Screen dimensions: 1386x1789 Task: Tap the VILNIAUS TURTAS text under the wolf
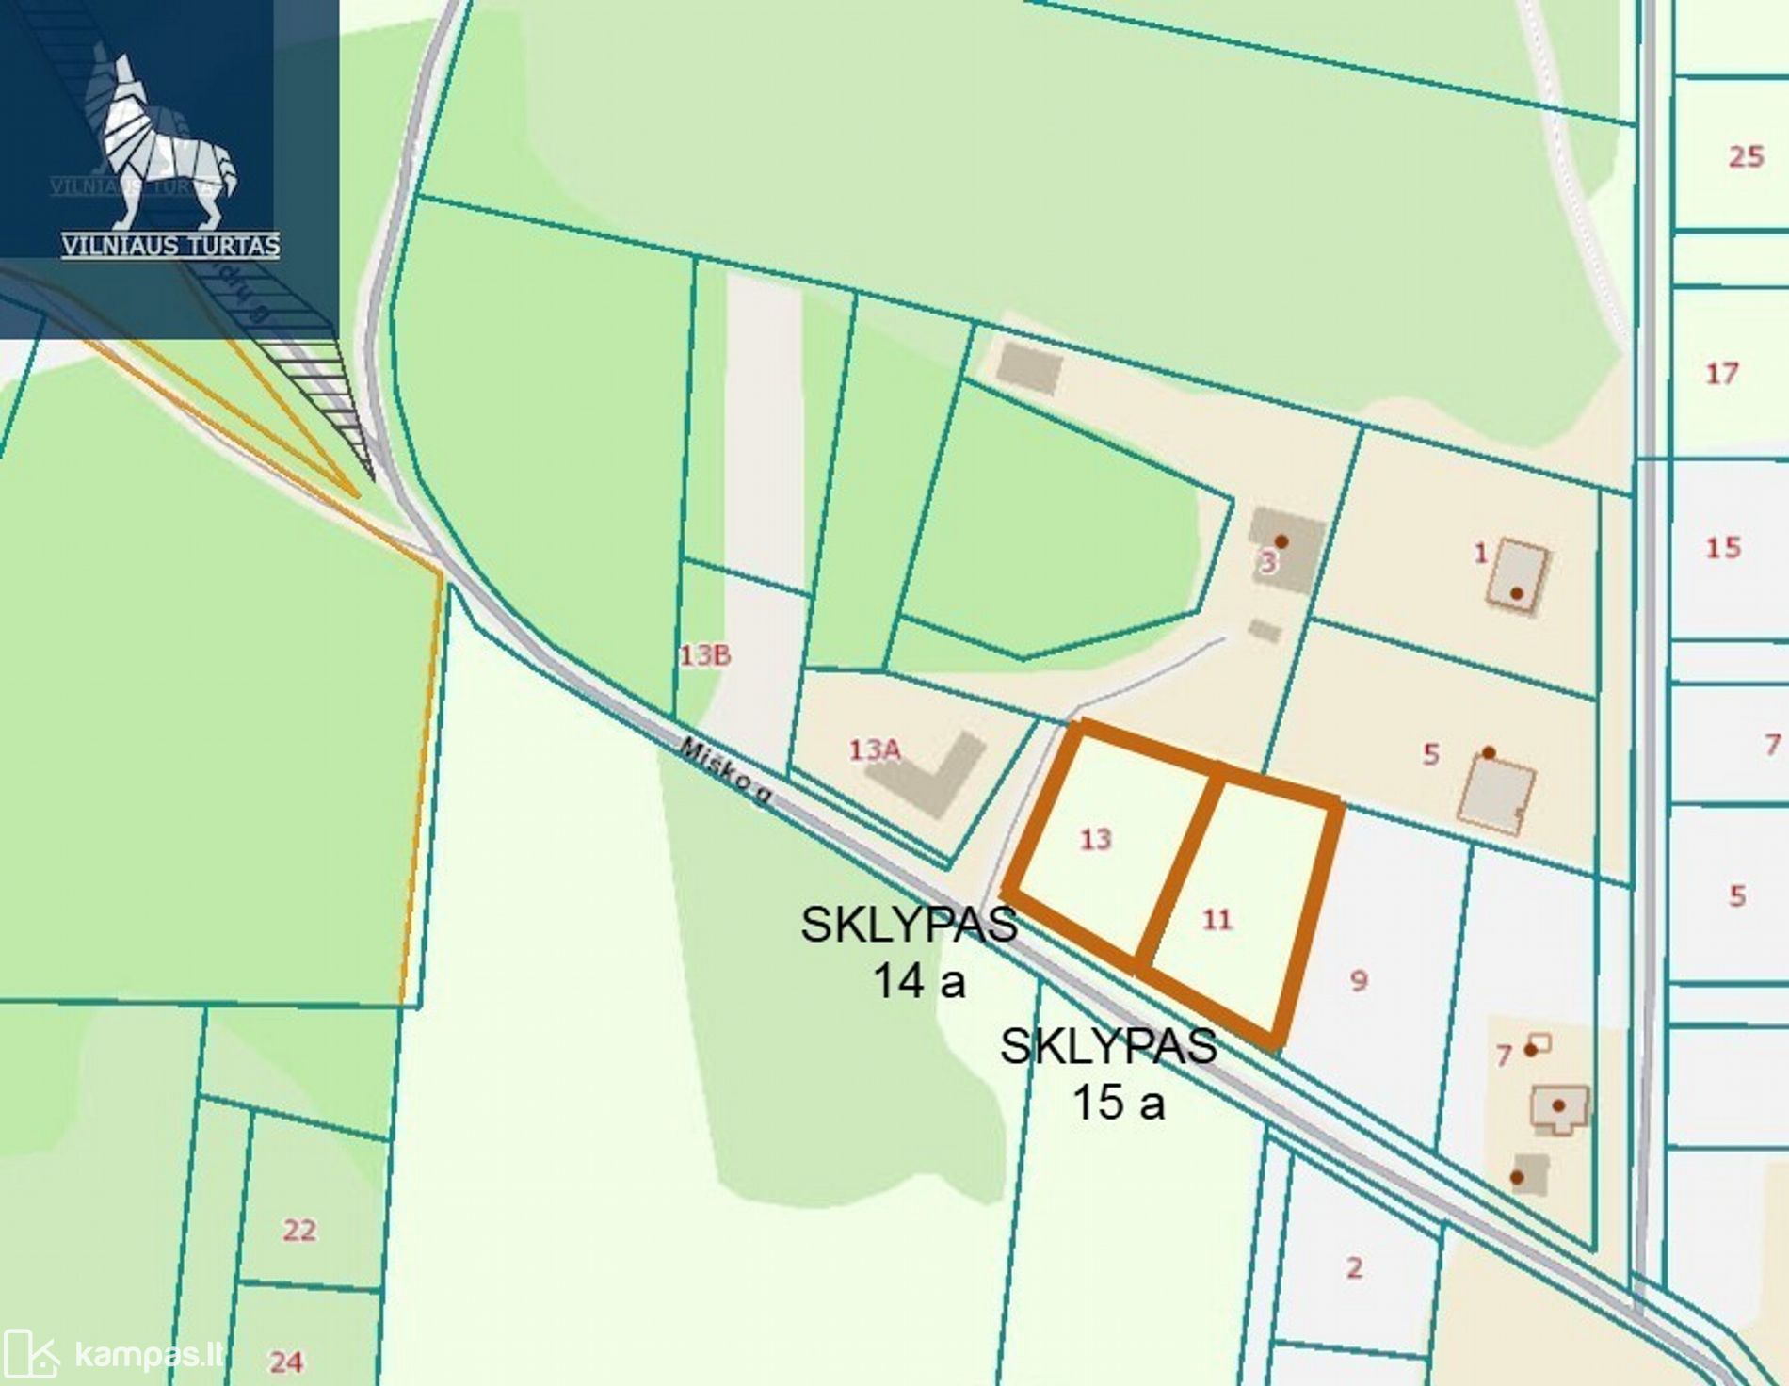[x=170, y=247]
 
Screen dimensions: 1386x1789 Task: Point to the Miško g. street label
[x=726, y=771]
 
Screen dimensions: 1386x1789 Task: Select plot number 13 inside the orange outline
[x=1095, y=839]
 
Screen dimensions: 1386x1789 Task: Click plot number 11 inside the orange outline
[x=1217, y=919]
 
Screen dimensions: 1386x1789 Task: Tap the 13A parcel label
[x=875, y=749]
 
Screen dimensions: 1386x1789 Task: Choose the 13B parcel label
[x=705, y=654]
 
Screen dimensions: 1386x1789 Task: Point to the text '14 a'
[x=920, y=981]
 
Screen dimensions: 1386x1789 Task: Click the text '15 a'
[x=1118, y=1102]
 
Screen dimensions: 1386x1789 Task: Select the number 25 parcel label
[x=1746, y=156]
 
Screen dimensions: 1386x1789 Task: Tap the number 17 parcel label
[x=1722, y=374]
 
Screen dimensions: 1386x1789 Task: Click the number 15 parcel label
[x=1723, y=547]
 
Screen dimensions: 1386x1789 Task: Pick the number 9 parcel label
[x=1358, y=981]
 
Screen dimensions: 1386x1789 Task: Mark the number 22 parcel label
[x=299, y=1230]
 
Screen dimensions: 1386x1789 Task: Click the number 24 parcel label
[x=286, y=1361]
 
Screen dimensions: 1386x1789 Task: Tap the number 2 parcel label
[x=1354, y=1267]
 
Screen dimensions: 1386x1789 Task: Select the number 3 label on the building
[x=1268, y=563]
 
